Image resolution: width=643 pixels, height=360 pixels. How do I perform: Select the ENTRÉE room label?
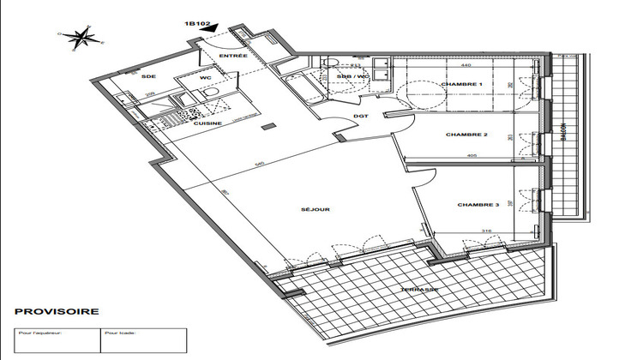[x=233, y=56]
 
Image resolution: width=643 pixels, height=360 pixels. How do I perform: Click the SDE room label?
[x=147, y=76]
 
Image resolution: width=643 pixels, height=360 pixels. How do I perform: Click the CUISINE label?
[x=207, y=123]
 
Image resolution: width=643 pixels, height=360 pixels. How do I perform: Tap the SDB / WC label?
[x=353, y=76]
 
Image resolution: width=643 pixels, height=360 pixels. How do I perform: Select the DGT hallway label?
[x=361, y=118]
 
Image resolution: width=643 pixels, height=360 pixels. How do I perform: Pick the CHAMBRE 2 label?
[x=467, y=135]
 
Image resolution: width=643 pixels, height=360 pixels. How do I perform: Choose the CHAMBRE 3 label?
[x=478, y=205]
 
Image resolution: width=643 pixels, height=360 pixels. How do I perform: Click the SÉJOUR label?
[x=316, y=209]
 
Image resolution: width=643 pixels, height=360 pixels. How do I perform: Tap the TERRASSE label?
[x=420, y=290]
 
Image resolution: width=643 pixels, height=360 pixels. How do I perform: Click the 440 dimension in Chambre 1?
[x=466, y=66]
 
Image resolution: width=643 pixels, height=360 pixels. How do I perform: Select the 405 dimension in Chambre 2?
[x=472, y=155]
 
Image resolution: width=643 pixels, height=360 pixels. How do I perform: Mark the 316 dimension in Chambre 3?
[x=486, y=231]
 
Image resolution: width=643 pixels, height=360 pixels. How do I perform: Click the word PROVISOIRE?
[x=57, y=312]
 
